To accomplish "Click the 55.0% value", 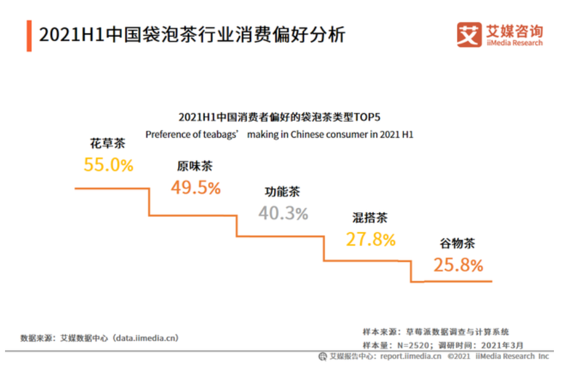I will coord(109,165).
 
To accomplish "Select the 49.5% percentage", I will coord(196,188).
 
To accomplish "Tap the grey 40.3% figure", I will coord(283,213).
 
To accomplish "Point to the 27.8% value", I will coord(370,239).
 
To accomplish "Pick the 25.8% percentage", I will coord(458,265).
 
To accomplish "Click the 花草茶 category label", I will coord(108,144).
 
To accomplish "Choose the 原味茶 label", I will coord(195,167).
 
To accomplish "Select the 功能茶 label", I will coord(282,192).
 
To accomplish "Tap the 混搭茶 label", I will coord(369,218).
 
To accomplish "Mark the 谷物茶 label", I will coord(457,243).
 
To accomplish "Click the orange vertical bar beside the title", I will coord(29,36).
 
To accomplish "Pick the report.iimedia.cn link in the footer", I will coord(411,357).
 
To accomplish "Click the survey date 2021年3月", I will coord(504,345).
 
